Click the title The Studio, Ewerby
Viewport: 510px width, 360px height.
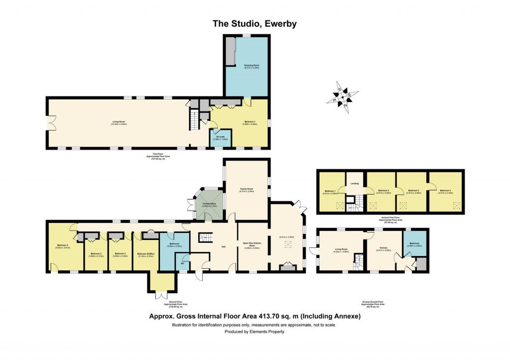(x=255, y=23)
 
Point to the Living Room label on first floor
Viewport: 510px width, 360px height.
(x=119, y=122)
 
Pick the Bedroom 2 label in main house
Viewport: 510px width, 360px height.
(x=62, y=245)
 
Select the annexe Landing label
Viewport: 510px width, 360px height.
(x=355, y=184)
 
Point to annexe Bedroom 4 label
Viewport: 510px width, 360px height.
(x=445, y=190)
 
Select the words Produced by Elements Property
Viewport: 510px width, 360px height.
(x=255, y=332)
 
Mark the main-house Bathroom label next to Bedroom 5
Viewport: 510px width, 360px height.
(x=173, y=244)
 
